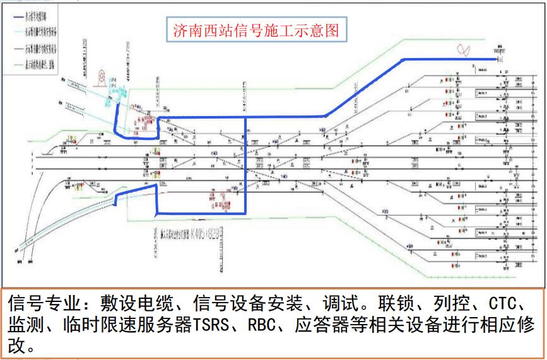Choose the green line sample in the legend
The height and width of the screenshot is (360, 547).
click(15, 62)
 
